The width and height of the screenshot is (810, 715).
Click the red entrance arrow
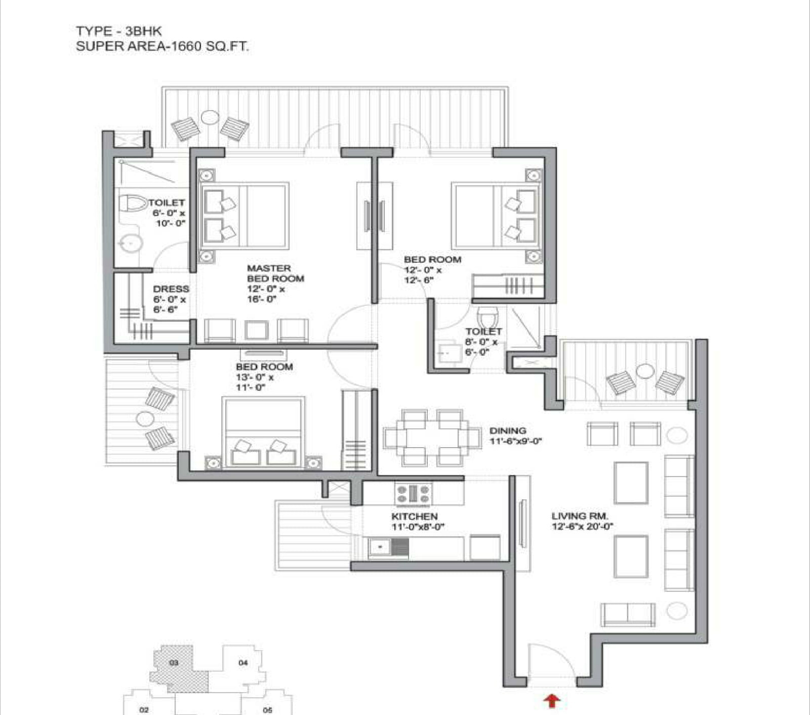point(552,701)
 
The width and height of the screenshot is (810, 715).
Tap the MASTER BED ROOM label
point(276,273)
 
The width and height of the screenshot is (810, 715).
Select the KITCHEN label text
point(414,516)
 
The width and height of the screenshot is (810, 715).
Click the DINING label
point(508,430)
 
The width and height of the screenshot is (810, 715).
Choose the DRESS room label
point(171,289)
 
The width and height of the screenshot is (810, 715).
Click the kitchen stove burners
point(414,493)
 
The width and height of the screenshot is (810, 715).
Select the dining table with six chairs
point(432,437)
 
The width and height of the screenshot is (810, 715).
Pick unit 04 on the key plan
point(243,663)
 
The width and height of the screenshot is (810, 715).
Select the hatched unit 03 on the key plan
point(178,668)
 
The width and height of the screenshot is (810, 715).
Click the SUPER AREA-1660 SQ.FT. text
point(162,47)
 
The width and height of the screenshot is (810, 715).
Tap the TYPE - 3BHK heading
point(119,31)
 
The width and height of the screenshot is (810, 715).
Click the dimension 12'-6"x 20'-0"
point(583,527)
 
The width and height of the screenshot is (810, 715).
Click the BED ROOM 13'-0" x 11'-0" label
point(264,377)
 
